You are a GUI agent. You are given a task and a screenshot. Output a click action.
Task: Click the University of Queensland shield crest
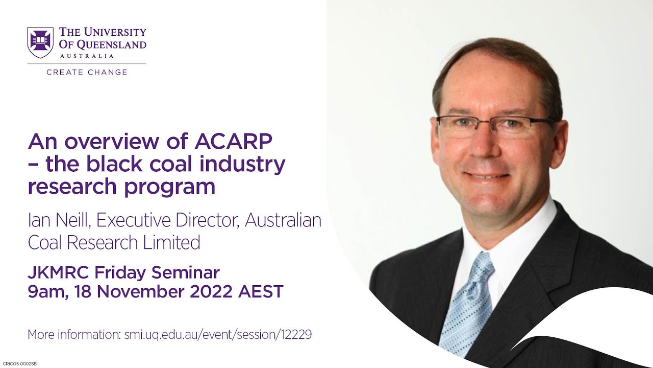tap(40, 42)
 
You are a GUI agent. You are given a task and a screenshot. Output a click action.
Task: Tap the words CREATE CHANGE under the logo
tap(87, 72)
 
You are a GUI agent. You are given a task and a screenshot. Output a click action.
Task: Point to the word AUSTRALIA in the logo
tap(87, 56)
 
